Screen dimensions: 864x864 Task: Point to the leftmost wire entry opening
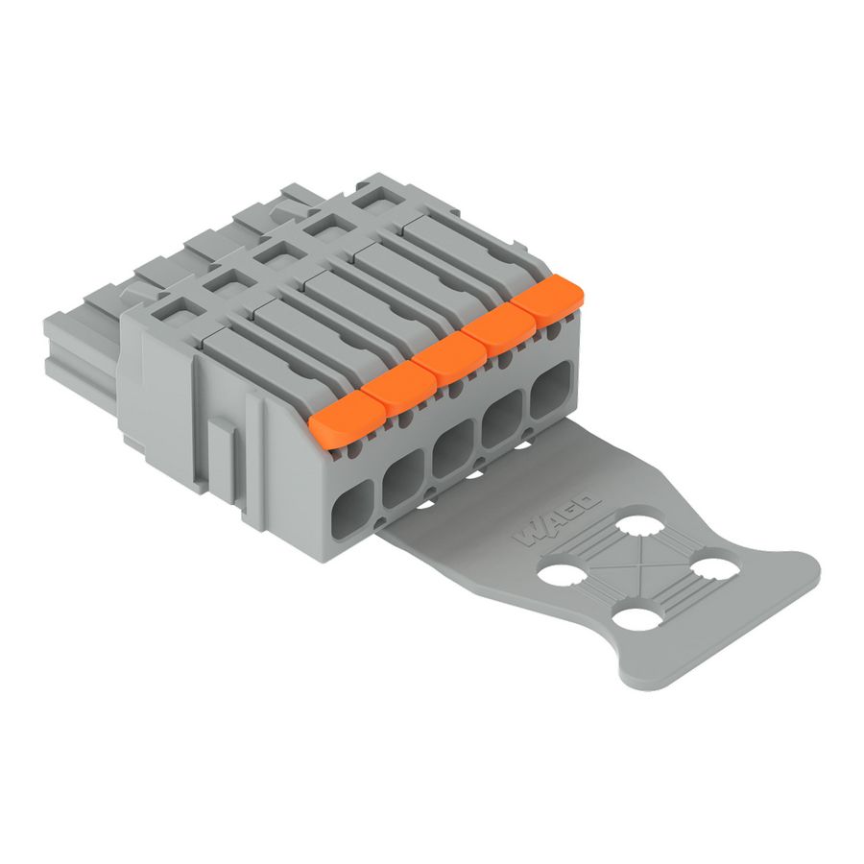353,506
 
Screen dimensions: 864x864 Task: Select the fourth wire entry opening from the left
503,420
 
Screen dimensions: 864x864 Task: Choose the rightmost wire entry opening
552,391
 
